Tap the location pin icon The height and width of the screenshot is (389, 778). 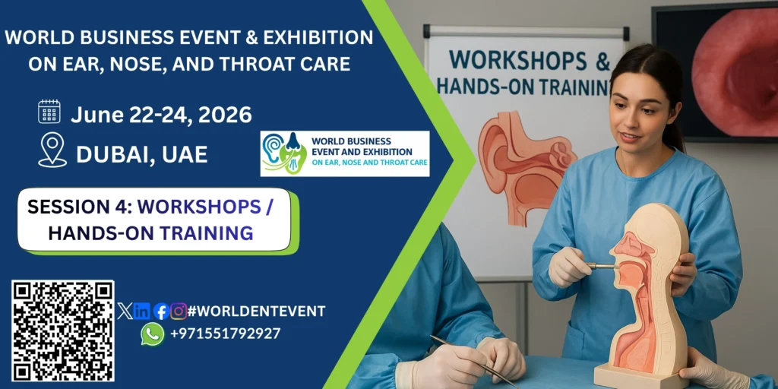point(52,150)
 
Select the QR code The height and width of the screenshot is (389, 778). point(63,331)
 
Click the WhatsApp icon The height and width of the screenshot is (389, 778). point(152,334)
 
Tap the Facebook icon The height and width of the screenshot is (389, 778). point(161,311)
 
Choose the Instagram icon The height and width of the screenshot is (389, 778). point(179,311)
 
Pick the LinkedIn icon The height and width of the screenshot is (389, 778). point(142,311)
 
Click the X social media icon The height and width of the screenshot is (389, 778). point(125,311)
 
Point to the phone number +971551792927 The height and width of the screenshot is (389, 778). point(225,334)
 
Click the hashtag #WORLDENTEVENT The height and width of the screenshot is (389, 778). point(257,311)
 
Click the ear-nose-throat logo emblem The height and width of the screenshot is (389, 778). point(284,153)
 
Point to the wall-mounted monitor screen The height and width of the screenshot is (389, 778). point(716,73)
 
